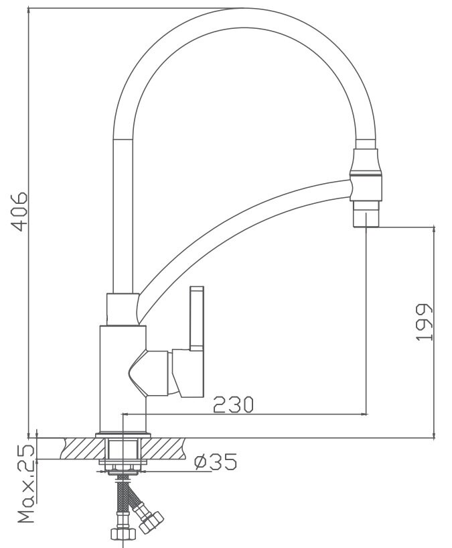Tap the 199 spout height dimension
click(424, 322)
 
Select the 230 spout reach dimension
click(233, 404)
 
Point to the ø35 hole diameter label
click(216, 461)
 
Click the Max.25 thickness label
click(27, 484)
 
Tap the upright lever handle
click(196, 319)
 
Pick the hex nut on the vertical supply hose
click(123, 533)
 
